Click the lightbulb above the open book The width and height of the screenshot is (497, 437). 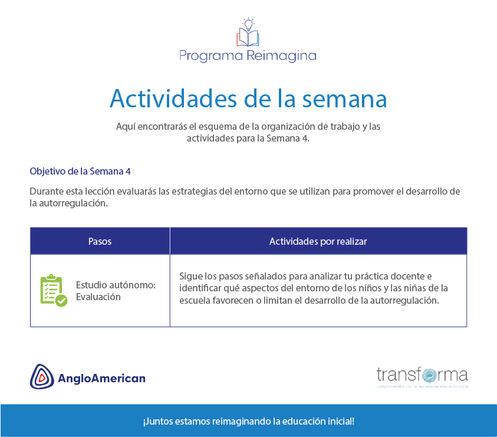[x=248, y=24]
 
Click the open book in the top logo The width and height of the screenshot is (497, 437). [x=248, y=38]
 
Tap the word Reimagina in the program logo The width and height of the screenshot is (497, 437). [x=281, y=56]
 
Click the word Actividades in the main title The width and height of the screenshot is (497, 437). [x=173, y=98]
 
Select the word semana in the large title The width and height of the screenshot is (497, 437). [x=344, y=100]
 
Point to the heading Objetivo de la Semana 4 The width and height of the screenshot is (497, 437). [x=80, y=171]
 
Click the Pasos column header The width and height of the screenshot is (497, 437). [x=100, y=241]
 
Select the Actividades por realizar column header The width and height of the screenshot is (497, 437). [x=318, y=241]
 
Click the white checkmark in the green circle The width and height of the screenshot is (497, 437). [x=61, y=300]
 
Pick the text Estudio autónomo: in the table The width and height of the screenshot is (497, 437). [x=116, y=285]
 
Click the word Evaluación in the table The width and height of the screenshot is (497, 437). [x=98, y=297]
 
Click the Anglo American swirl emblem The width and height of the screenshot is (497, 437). [x=42, y=376]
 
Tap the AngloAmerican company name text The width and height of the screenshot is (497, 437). [x=101, y=379]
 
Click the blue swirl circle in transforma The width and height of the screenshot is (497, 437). [x=429, y=375]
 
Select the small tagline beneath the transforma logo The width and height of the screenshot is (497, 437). [x=422, y=387]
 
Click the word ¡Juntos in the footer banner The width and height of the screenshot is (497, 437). [x=157, y=422]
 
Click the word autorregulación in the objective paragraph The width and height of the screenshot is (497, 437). [x=74, y=203]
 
